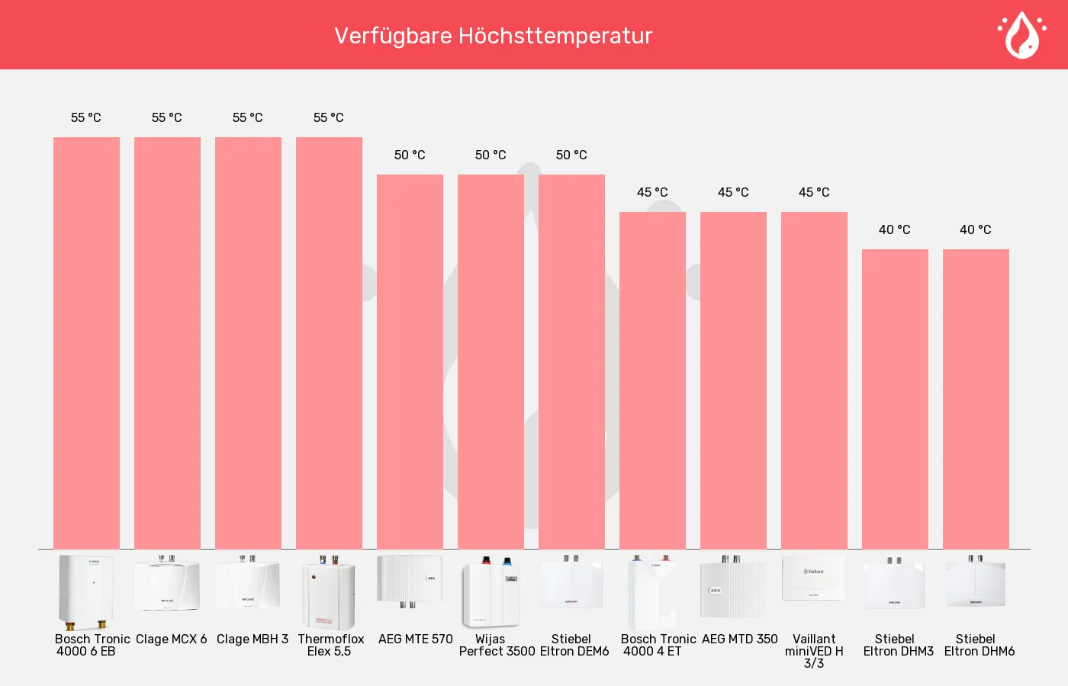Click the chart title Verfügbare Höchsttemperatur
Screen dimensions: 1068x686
(493, 37)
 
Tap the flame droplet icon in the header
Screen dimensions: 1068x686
(1022, 35)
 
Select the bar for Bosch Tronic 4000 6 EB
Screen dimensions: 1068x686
(86, 343)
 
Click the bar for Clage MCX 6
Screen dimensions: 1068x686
(167, 343)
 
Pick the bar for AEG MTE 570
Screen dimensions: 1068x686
(410, 361)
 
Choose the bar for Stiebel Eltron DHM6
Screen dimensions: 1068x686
(976, 399)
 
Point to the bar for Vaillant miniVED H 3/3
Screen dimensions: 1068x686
(815, 380)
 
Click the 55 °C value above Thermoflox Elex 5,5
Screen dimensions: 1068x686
(329, 117)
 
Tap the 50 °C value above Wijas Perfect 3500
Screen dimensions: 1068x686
(491, 155)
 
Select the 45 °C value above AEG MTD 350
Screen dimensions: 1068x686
(733, 192)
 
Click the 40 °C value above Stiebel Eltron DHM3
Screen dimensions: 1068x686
(895, 229)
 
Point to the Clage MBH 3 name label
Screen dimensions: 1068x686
(253, 639)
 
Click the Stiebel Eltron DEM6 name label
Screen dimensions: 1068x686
(574, 645)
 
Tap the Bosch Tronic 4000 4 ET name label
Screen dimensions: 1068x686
(658, 645)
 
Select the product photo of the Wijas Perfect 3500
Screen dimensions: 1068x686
(491, 592)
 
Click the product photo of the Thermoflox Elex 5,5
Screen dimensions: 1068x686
(329, 592)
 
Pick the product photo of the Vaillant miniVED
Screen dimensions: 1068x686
(813, 578)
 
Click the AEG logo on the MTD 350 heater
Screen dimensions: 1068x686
(715, 590)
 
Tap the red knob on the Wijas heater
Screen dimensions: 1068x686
(487, 559)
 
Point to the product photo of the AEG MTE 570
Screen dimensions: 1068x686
(410, 581)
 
